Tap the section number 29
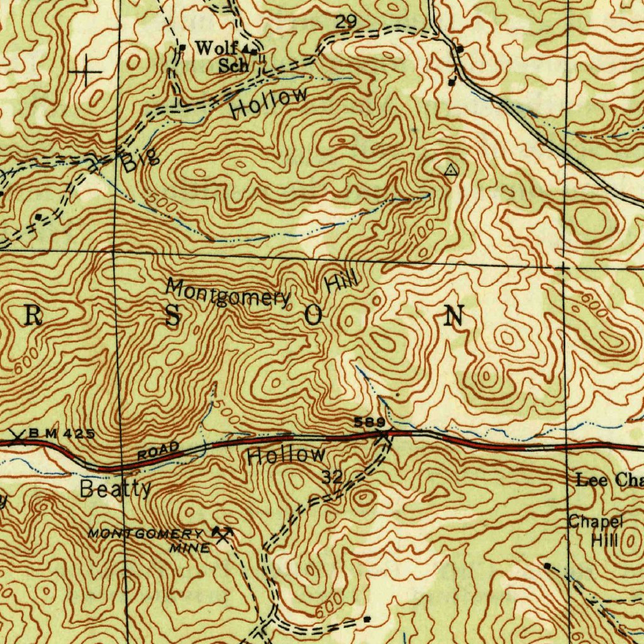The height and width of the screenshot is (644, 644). [x=345, y=23]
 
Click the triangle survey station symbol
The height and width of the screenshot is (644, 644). [x=450, y=170]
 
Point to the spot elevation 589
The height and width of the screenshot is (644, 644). [x=369, y=422]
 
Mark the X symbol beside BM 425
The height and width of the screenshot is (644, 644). [x=18, y=436]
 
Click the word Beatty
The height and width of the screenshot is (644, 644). [x=116, y=489]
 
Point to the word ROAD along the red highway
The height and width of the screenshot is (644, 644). [x=159, y=450]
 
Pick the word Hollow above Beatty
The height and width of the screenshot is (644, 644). [x=286, y=455]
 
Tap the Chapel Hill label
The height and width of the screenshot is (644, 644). [x=596, y=530]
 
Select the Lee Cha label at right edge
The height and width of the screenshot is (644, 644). [x=609, y=481]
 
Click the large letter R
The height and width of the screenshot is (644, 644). [x=33, y=318]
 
